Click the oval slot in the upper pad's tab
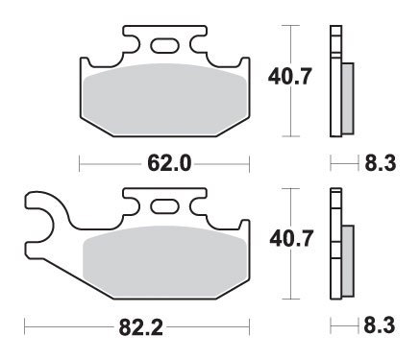[163, 42]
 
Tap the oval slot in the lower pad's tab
[163, 205]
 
